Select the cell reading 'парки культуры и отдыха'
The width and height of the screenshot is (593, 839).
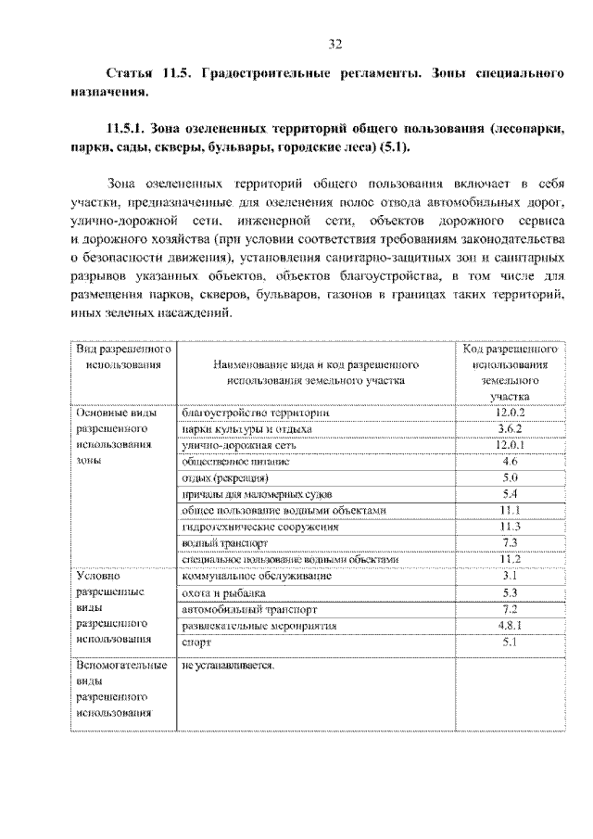[x=247, y=429]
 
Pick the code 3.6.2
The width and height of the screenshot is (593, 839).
[x=510, y=429]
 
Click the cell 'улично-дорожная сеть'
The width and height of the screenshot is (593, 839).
[x=239, y=445]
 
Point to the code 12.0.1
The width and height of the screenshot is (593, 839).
[x=510, y=445]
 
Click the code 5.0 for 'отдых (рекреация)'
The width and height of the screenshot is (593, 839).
[x=510, y=477]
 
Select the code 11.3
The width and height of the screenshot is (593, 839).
[x=510, y=527]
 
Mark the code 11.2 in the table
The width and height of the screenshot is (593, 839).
[x=510, y=559]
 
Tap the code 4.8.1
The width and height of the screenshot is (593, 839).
[x=510, y=626]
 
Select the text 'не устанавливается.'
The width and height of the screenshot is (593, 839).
[x=229, y=665]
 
